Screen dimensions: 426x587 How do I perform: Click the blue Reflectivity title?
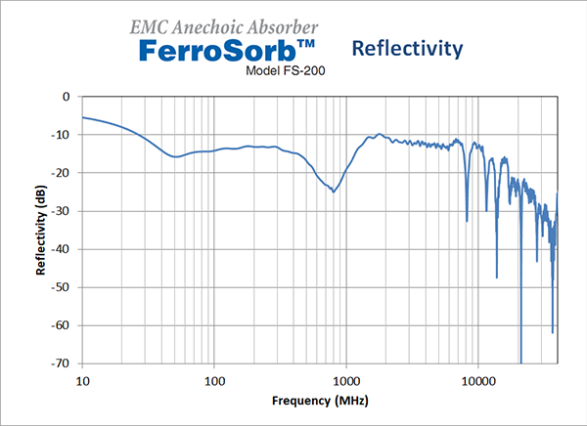[405, 48]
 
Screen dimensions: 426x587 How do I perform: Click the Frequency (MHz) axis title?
[320, 401]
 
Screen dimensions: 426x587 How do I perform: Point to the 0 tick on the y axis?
[67, 97]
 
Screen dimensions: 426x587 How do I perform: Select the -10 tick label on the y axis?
[63, 135]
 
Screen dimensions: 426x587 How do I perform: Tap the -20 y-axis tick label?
[63, 173]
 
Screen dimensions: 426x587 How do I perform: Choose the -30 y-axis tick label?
[63, 211]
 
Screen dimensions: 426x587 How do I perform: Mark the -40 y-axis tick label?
[63, 249]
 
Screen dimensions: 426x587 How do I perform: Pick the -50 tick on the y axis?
[63, 287]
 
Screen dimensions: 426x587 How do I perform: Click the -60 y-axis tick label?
[63, 325]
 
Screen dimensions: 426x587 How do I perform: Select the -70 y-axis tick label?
[63, 363]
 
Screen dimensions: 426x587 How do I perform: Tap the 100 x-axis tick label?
[213, 378]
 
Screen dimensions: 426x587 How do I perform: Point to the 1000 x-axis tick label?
[345, 378]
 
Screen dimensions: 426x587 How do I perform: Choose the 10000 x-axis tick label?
[477, 378]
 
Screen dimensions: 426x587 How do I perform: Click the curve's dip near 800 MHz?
[334, 191]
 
